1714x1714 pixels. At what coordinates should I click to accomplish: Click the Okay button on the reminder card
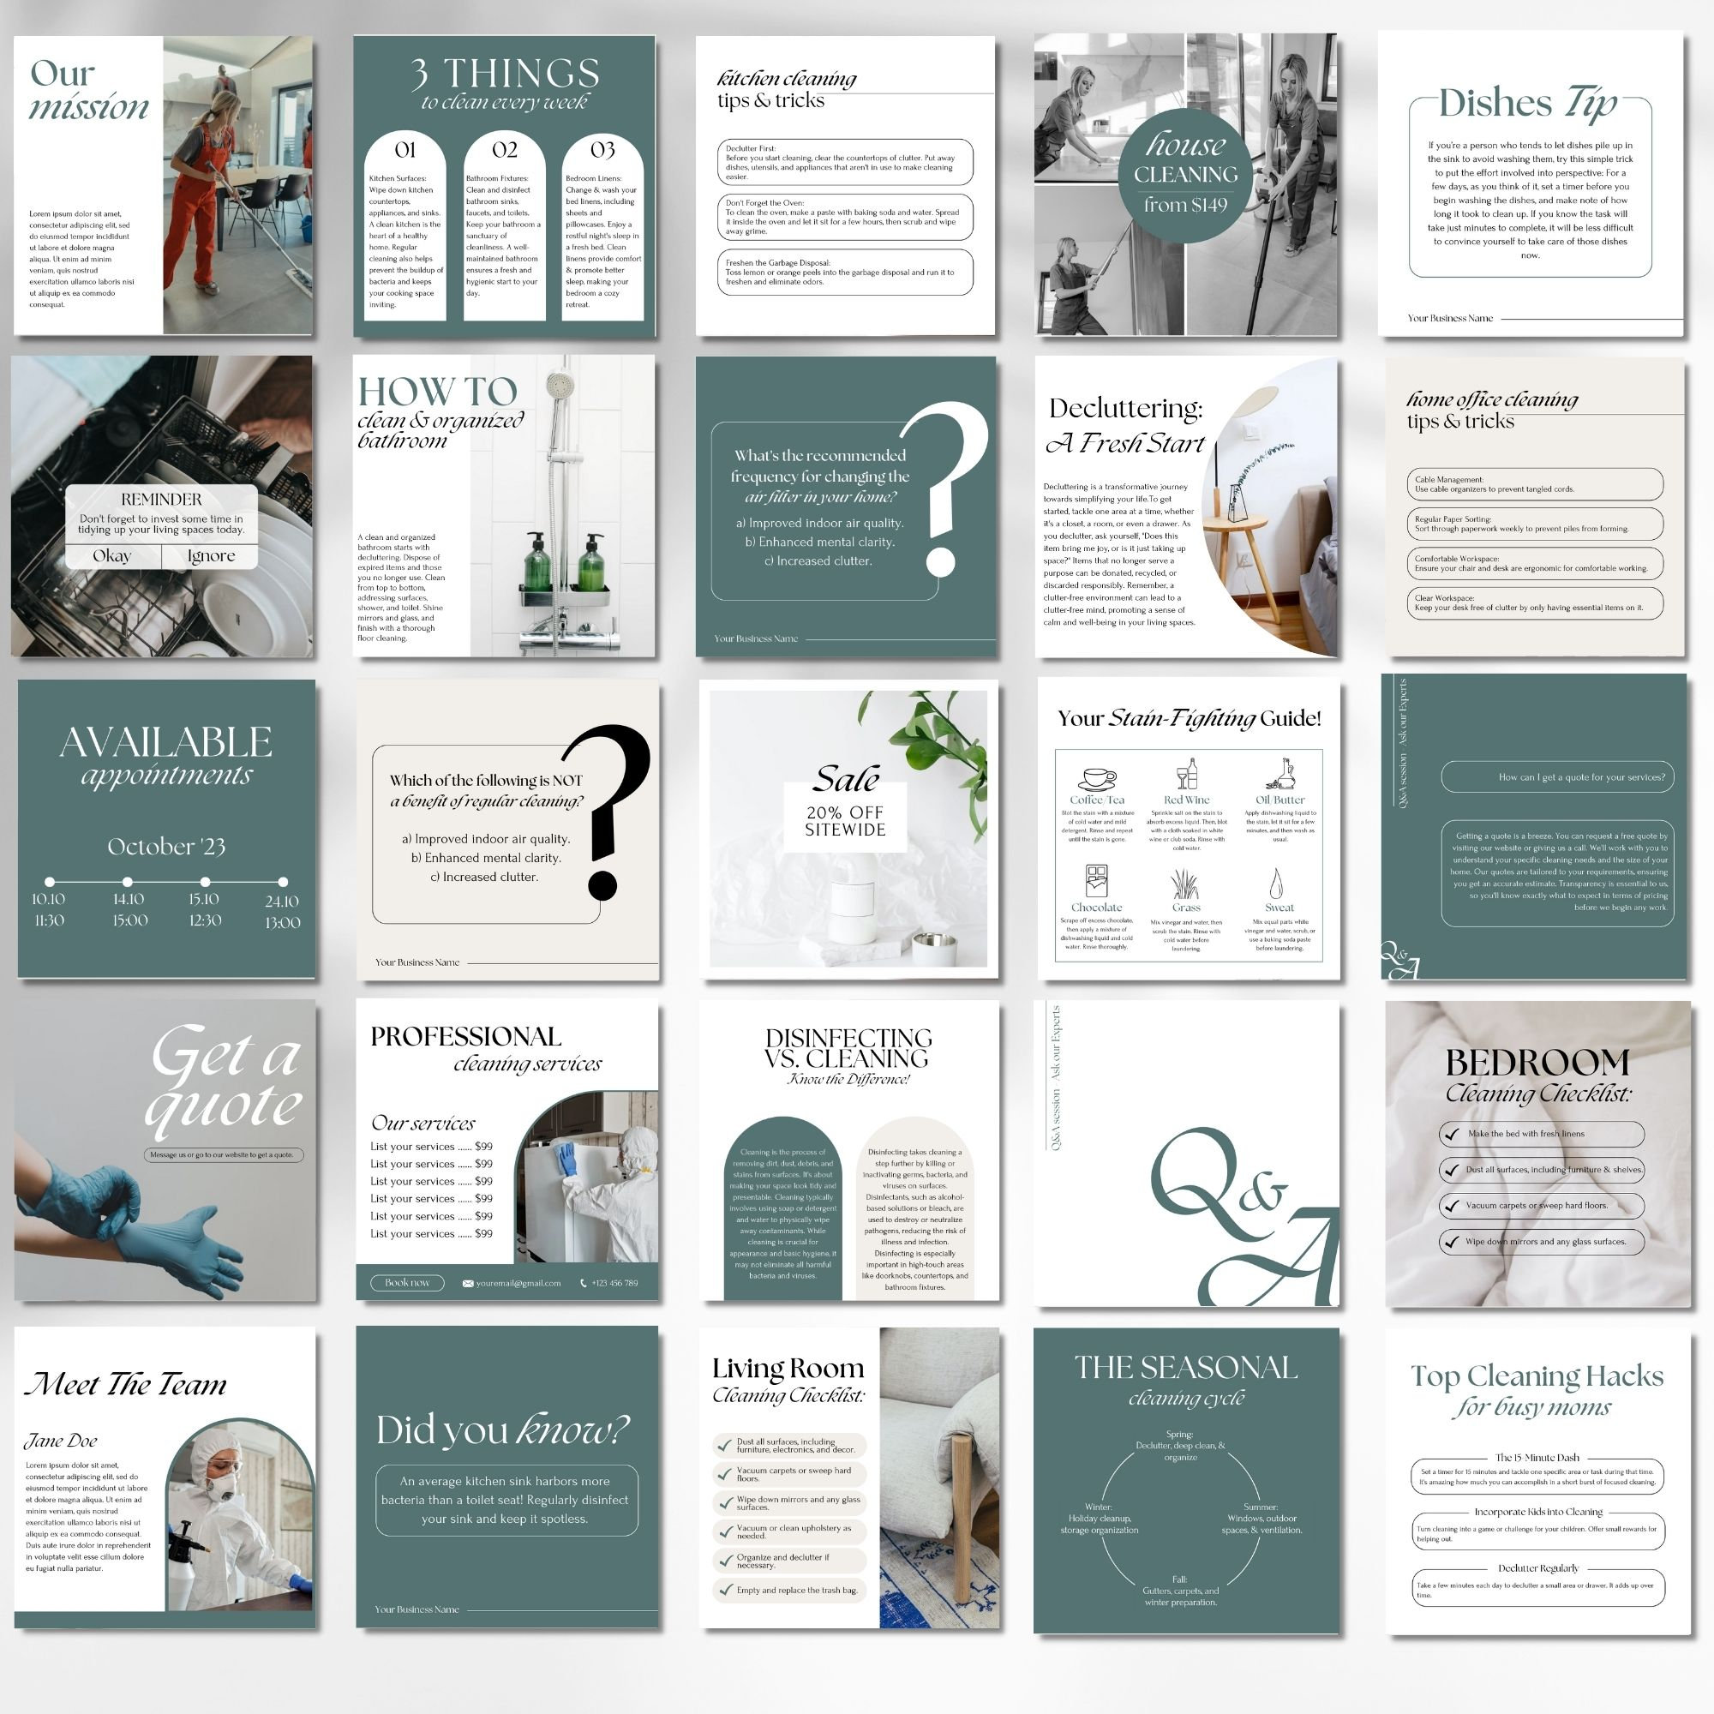point(112,556)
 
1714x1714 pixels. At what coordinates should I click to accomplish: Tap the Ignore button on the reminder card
point(211,556)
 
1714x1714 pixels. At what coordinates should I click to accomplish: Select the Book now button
point(407,1283)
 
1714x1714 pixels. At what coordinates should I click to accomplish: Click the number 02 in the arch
point(505,149)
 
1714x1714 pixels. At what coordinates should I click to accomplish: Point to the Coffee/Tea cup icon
point(1098,778)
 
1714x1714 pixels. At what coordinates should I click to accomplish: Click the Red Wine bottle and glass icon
point(1186,774)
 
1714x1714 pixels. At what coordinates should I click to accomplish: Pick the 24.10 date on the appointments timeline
point(282,902)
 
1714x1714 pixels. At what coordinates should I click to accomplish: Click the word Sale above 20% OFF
point(847,779)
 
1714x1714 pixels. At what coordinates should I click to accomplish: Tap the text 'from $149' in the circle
point(1185,205)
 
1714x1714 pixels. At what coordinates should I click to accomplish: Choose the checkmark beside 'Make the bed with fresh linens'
point(1452,1134)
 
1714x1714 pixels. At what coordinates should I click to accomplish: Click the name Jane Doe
point(60,1441)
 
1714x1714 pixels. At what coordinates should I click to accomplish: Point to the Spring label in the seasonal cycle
point(1179,1435)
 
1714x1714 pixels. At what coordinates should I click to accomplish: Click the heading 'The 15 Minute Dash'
point(1537,1458)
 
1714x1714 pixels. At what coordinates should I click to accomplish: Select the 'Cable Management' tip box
point(1535,484)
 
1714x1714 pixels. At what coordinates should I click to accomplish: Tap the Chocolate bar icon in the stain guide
point(1097,881)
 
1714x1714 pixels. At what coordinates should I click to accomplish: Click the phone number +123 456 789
point(614,1283)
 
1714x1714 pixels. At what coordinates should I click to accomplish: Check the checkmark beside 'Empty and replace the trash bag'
point(726,1590)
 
